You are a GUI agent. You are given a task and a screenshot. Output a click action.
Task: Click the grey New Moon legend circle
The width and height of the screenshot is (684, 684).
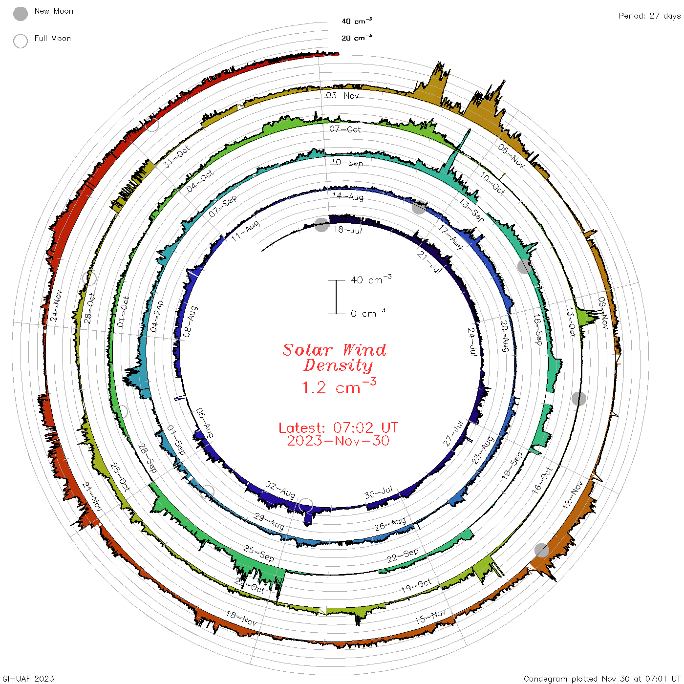[21, 14]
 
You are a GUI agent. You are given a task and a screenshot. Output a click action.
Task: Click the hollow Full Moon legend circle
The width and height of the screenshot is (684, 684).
[21, 41]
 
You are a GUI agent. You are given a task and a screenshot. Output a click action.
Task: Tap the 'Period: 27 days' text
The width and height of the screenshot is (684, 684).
[650, 16]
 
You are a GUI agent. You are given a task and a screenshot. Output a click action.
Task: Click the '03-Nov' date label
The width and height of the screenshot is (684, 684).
[342, 95]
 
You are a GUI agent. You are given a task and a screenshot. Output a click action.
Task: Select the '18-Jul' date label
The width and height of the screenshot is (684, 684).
[347, 230]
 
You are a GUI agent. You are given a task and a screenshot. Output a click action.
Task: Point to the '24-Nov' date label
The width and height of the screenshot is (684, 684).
[56, 306]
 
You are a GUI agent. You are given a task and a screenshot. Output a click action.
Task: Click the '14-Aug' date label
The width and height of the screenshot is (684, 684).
[347, 196]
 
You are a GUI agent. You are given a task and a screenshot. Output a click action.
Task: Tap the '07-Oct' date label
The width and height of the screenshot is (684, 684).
[344, 129]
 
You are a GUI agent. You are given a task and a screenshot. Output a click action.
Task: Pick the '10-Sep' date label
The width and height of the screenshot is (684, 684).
[347, 163]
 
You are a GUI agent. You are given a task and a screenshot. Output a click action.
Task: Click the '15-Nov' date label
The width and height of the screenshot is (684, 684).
[430, 617]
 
